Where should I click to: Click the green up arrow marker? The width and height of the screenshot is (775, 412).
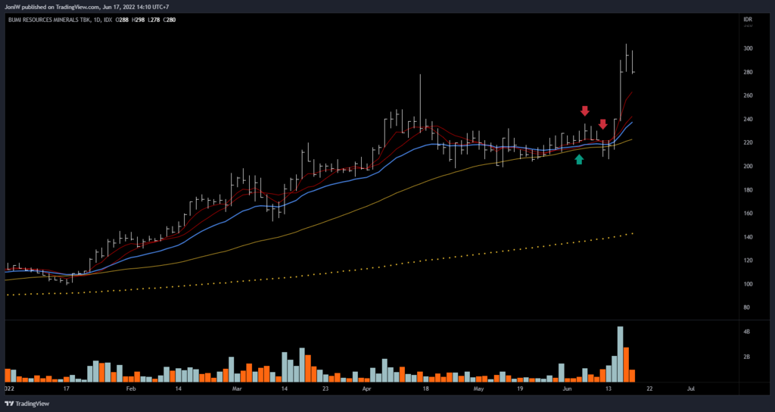click(579, 159)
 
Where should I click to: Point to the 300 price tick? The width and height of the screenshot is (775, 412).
click(748, 48)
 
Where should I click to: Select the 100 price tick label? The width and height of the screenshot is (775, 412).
click(748, 284)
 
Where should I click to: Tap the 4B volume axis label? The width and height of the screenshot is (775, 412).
click(747, 332)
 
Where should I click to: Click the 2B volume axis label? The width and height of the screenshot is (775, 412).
click(747, 357)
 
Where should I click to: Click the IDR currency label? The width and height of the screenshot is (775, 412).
click(748, 19)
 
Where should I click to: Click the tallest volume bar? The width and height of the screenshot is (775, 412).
click(620, 354)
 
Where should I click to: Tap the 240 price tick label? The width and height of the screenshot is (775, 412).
click(748, 119)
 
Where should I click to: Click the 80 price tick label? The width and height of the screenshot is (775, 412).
click(747, 307)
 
